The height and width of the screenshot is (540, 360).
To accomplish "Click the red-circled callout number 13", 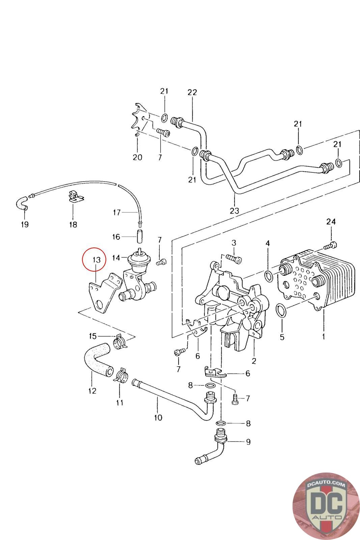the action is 96,260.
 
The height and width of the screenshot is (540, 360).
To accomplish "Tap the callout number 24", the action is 331,221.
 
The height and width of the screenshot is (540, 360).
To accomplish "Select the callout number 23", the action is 234,211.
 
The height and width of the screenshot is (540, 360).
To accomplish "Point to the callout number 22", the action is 192,92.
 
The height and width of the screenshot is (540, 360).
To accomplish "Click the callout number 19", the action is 25,224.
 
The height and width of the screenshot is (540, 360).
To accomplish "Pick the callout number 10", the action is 158,417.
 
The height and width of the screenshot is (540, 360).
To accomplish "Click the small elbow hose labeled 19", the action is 22,203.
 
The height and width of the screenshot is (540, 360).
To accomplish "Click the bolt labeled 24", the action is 330,246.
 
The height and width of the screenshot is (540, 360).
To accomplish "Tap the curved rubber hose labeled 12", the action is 98,359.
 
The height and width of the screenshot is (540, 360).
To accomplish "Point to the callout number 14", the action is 116,258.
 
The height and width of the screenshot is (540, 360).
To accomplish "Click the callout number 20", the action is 138,157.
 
